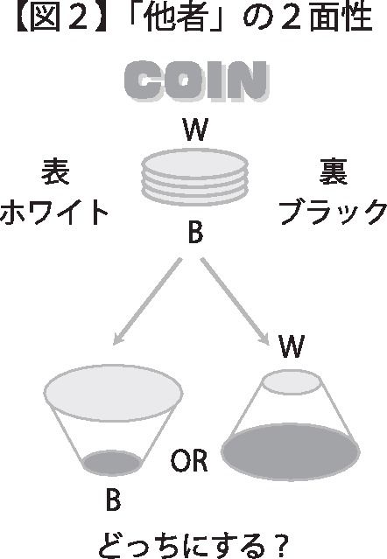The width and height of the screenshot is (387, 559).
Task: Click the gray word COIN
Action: click(196, 80)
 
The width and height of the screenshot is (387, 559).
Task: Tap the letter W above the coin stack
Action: click(195, 130)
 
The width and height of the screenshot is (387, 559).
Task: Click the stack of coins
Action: click(194, 178)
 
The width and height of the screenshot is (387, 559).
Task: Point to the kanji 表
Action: click(55, 171)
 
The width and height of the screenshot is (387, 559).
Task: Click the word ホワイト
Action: click(54, 212)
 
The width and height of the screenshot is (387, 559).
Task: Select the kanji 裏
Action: click(333, 171)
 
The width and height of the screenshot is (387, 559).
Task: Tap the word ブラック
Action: click(333, 212)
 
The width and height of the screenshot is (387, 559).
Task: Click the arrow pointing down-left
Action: click(147, 302)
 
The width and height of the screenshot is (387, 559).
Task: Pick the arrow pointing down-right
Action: click(235, 302)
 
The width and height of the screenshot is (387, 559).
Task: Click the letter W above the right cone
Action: click(292, 346)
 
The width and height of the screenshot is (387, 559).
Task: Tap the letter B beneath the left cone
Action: click(113, 500)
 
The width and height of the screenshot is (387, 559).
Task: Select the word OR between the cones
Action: click(189, 460)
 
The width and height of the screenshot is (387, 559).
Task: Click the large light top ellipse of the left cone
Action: click(113, 393)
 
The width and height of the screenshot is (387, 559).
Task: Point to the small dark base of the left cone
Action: click(112, 463)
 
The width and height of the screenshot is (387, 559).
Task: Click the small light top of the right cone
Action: click(292, 382)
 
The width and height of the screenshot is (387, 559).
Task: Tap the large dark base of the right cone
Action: click(291, 451)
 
